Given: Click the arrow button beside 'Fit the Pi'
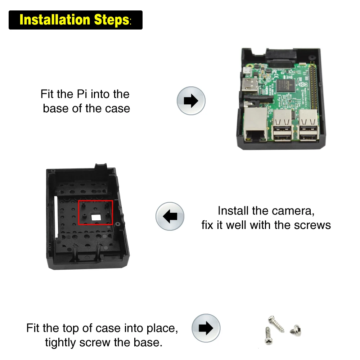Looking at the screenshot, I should click(x=191, y=100).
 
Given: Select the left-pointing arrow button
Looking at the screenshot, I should click(x=170, y=216).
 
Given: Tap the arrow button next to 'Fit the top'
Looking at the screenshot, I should click(x=206, y=328).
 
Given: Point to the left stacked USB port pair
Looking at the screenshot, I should click(x=283, y=126).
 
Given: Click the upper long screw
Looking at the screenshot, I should click(x=276, y=323).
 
